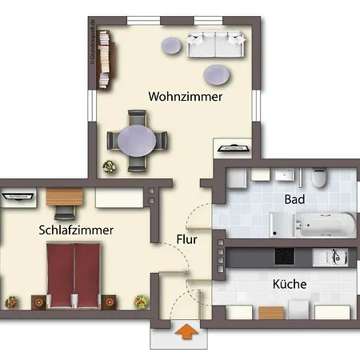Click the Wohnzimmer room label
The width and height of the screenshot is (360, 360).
[185, 96]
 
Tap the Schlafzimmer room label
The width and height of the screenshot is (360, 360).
[75, 230]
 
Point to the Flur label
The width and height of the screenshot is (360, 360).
[187, 238]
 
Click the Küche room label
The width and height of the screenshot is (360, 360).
[289, 284]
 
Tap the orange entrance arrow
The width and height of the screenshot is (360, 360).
[187, 331]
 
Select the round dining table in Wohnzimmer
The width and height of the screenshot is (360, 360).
[138, 141]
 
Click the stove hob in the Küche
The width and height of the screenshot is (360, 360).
[286, 256]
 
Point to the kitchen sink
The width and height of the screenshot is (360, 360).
[337, 256]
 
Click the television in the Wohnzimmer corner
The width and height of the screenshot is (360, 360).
[234, 147]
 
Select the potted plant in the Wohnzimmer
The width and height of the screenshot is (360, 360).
[108, 166]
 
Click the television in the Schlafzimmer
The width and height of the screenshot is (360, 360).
[17, 194]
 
